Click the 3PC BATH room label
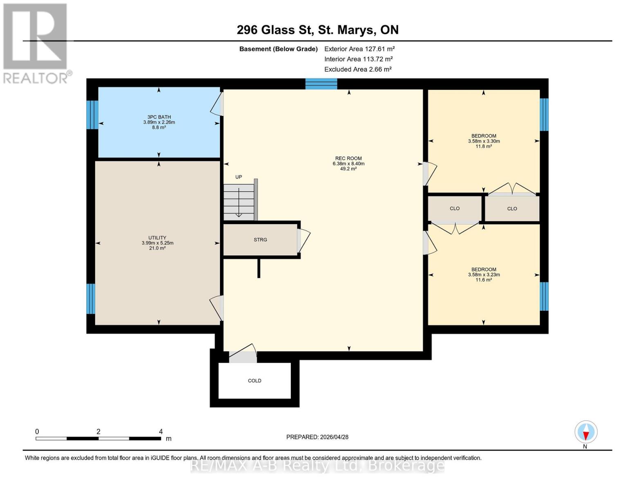(159, 117)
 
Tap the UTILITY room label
(157, 238)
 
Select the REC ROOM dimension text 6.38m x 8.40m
(348, 164)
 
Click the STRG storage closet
(260, 240)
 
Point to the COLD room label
(254, 381)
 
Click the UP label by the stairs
(238, 177)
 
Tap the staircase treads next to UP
(239, 202)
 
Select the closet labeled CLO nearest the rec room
(454, 208)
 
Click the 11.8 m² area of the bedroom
(483, 146)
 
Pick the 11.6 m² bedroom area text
(483, 280)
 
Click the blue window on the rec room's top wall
(321, 84)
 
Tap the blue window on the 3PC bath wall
(92, 114)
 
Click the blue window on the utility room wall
(91, 298)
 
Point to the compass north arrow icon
(586, 432)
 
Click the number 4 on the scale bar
(161, 432)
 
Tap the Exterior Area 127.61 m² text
(359, 49)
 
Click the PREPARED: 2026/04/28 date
(317, 437)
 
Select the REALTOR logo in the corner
(36, 43)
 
